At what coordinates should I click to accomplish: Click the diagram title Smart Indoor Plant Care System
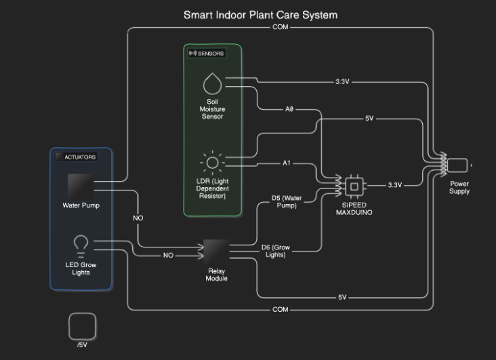click(260, 14)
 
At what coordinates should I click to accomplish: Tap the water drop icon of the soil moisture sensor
click(212, 83)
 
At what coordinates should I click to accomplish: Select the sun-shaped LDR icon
click(212, 162)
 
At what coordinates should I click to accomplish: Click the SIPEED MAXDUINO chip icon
click(353, 185)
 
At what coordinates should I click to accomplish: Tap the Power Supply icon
click(458, 165)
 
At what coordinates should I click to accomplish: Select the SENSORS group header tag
click(205, 53)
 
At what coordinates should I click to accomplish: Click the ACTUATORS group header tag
click(76, 157)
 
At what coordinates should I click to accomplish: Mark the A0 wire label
click(289, 108)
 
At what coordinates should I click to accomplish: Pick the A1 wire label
click(287, 163)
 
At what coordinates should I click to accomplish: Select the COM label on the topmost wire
click(280, 27)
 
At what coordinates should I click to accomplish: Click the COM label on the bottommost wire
click(280, 310)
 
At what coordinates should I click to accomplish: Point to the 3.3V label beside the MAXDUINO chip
click(394, 185)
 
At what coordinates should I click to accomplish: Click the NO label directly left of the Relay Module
click(168, 256)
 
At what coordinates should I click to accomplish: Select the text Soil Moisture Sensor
click(211, 109)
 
